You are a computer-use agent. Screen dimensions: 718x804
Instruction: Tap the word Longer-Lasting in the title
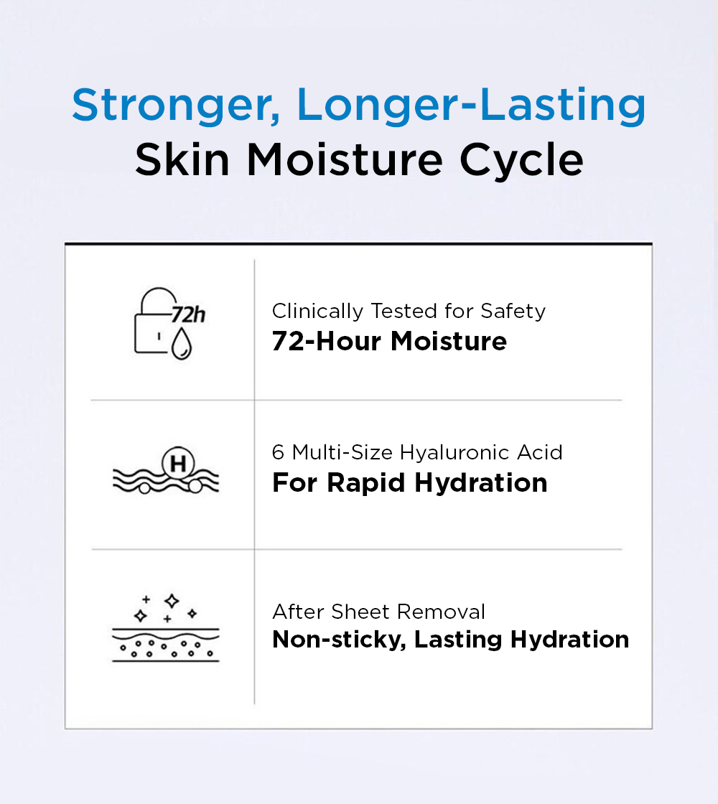coord(471,106)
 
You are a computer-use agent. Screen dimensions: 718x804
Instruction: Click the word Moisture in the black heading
coord(345,159)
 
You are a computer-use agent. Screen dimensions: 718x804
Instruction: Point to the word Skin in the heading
coord(182,159)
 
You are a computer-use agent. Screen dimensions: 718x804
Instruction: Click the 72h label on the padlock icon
coord(188,314)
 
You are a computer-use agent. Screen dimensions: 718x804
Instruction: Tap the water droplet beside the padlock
coord(181,343)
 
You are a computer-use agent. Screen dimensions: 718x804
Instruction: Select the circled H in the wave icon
coord(178,464)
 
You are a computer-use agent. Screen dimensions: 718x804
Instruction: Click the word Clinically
coord(317,312)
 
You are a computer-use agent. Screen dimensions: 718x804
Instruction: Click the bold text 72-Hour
coord(326,342)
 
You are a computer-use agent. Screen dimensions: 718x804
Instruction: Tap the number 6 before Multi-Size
coord(278,453)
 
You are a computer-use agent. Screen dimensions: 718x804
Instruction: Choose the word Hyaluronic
coord(454,453)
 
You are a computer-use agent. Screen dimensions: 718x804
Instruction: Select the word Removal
coord(441,612)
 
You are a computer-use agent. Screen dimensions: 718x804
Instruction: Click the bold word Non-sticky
coord(339,640)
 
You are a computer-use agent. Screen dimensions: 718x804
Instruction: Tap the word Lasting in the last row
coord(458,640)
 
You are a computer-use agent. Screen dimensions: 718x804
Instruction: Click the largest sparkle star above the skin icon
coord(172,601)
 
